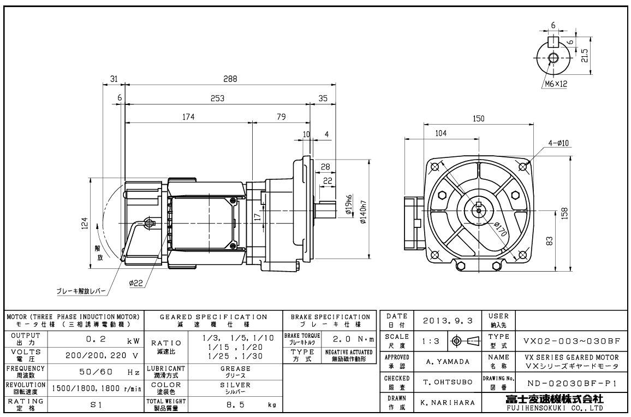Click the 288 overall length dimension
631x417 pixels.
click(x=230, y=79)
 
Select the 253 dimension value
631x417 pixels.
click(x=217, y=98)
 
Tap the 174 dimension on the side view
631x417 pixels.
click(x=188, y=116)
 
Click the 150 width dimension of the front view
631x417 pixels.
click(x=478, y=119)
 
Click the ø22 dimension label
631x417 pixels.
click(x=136, y=283)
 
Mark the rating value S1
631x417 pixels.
click(x=95, y=405)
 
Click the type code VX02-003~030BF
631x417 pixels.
click(x=571, y=340)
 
